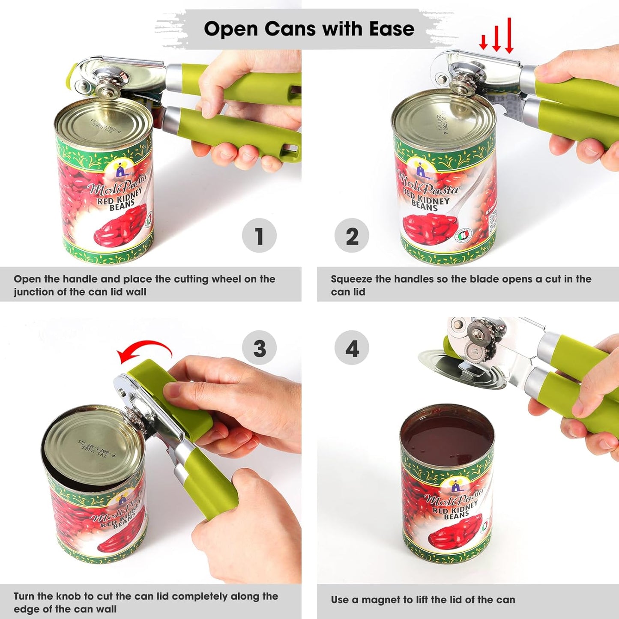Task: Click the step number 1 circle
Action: (x=259, y=236)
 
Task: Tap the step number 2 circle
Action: (x=352, y=236)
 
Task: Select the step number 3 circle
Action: (x=259, y=348)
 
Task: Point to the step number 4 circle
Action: (x=352, y=348)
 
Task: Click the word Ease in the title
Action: (x=392, y=29)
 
